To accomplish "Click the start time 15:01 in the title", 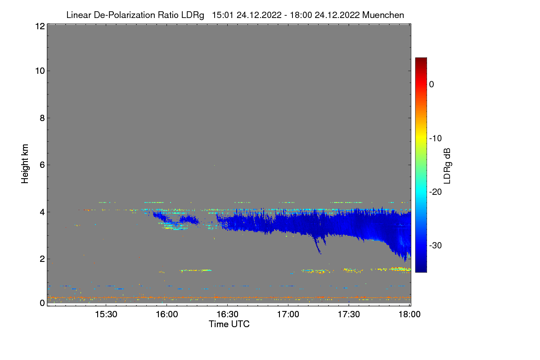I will click(222, 15).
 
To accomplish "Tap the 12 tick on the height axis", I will click(39, 26).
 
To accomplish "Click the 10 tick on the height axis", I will click(39, 71).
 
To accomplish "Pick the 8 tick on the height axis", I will click(41, 118).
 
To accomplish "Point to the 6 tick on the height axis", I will click(41, 165).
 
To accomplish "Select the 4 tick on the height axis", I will click(41, 211).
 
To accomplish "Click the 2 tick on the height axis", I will click(41, 259).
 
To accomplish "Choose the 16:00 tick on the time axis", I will click(166, 315).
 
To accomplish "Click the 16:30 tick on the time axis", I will click(227, 315).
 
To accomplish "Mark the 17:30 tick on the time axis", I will click(349, 315).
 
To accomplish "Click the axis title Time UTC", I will click(229, 324).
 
